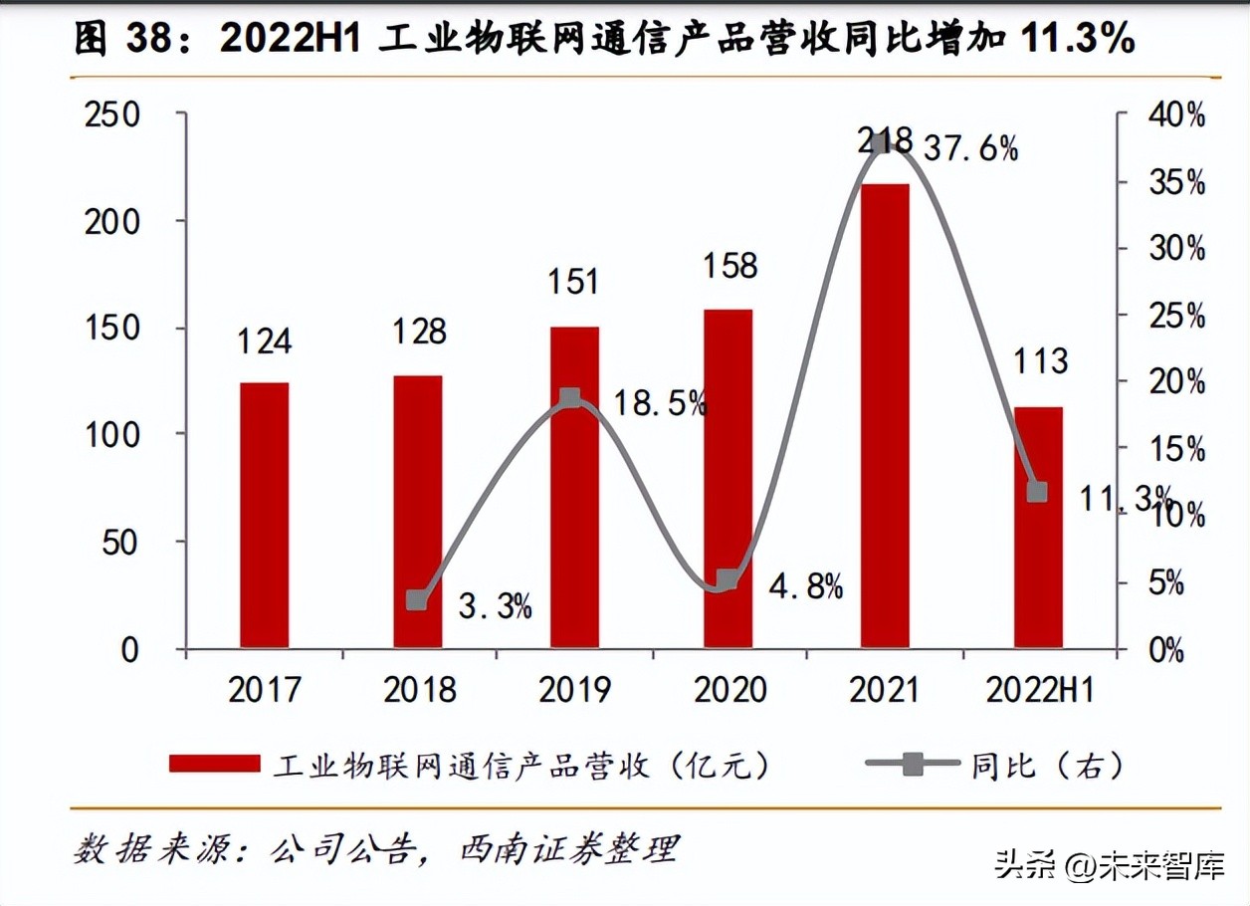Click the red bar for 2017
(x=264, y=515)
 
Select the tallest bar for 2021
(x=885, y=416)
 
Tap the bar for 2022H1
(x=1038, y=528)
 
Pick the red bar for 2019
(x=574, y=488)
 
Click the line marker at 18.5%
(x=570, y=399)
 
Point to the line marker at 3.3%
(x=417, y=600)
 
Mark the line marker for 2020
(x=729, y=579)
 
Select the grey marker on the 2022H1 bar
(x=1037, y=492)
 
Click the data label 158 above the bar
(x=730, y=266)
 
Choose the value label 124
(x=264, y=341)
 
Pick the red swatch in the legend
(x=215, y=764)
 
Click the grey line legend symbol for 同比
(x=913, y=764)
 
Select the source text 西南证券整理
(x=568, y=849)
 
